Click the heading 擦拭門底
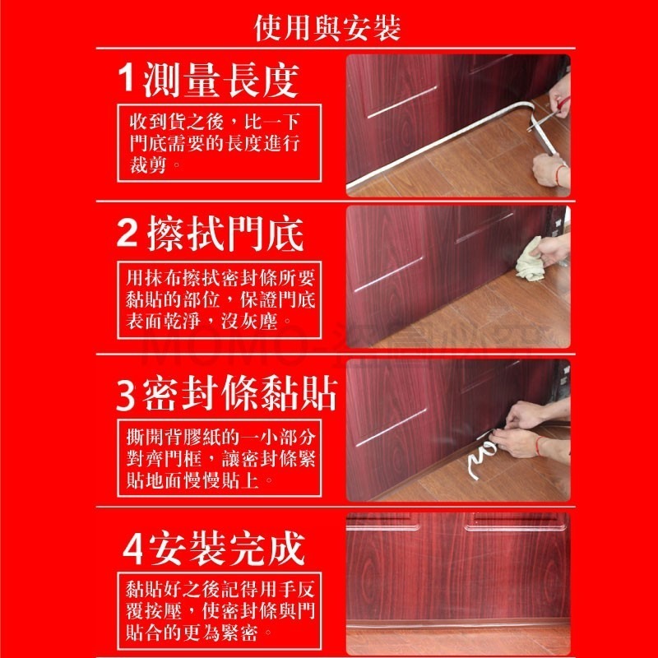pyautogui.click(x=227, y=234)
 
